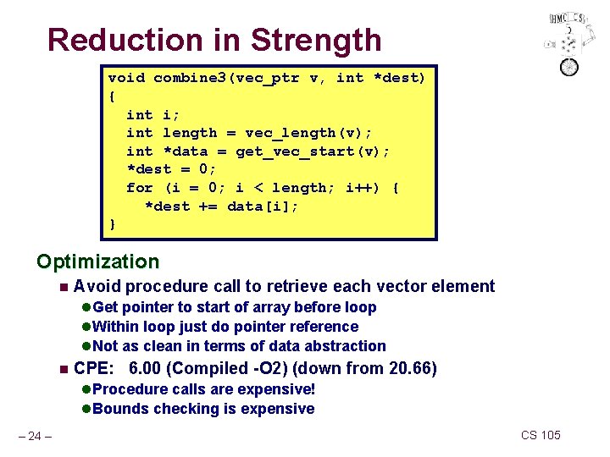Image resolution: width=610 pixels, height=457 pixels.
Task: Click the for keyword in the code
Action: [140, 188]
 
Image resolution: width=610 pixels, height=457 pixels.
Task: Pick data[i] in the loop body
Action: [263, 206]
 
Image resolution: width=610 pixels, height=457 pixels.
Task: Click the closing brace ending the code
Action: [113, 224]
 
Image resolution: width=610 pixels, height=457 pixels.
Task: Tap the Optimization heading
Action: [97, 262]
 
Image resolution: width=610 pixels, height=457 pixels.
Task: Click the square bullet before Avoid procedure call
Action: [62, 287]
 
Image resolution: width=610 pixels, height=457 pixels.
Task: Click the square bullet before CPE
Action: [62, 369]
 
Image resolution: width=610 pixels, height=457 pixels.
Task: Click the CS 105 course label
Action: [541, 435]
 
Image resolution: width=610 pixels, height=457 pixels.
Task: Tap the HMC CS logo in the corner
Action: [567, 41]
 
